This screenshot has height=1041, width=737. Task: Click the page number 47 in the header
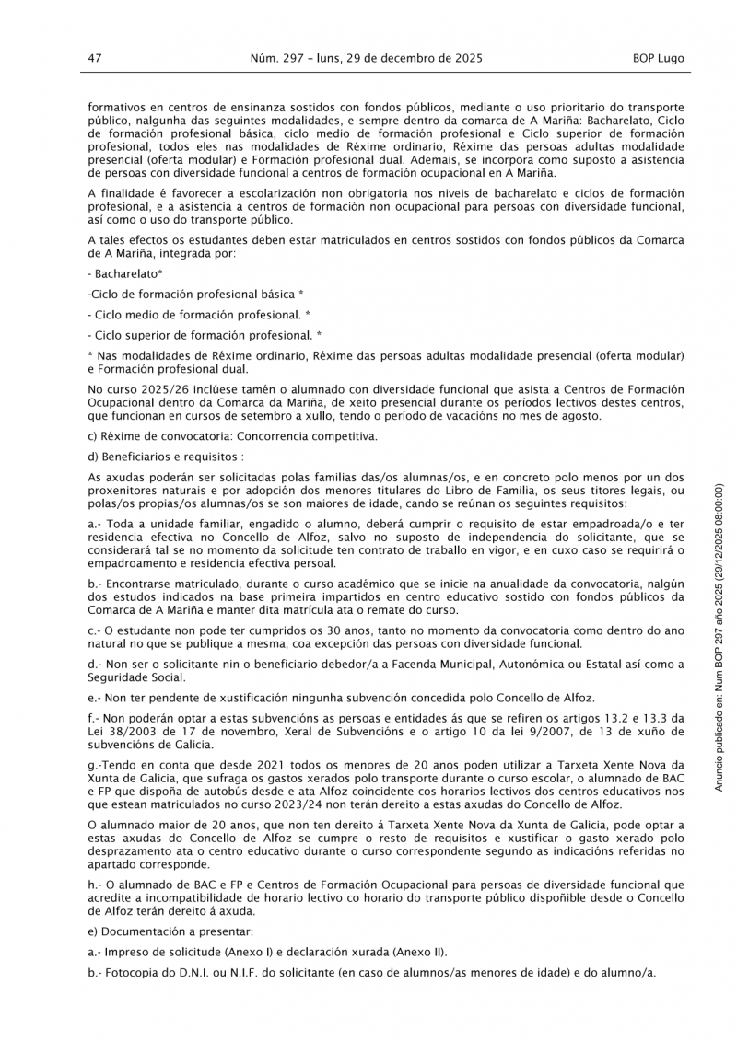94,57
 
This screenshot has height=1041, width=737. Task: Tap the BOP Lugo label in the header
658,57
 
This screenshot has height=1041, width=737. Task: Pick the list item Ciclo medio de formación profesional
199,314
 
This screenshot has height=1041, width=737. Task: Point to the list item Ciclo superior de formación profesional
205,335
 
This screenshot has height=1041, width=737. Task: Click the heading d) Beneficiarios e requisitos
166,457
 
